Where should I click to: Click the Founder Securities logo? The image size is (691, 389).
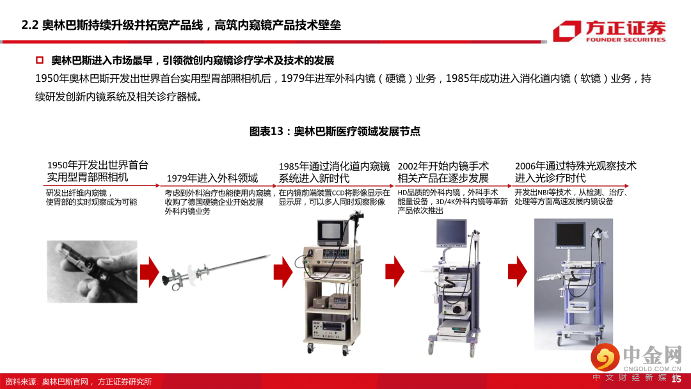point(610,31)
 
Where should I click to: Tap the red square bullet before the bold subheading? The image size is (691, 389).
point(40,60)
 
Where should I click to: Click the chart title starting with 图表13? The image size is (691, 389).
point(335,131)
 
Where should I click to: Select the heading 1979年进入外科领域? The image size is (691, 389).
point(212,178)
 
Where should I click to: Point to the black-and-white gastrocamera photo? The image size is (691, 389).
point(92,271)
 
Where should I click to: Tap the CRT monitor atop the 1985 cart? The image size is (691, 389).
point(333,232)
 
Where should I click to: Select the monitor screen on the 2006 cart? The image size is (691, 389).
point(570,235)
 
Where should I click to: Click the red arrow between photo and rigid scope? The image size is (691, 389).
point(149,273)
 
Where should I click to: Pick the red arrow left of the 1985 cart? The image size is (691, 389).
point(283,273)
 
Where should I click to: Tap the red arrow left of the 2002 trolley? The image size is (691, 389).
point(395,272)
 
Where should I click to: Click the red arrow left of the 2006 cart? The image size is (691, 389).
point(518,272)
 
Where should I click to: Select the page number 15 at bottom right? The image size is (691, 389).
point(676,379)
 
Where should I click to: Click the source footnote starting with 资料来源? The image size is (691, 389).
point(78,381)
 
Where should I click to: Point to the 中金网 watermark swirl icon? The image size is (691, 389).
point(605,357)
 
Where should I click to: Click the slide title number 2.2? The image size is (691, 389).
point(30,25)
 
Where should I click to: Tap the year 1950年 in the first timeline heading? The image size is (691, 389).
point(63,165)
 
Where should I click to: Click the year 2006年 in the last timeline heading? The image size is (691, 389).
point(530,166)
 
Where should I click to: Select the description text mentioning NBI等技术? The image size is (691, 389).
point(571,197)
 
